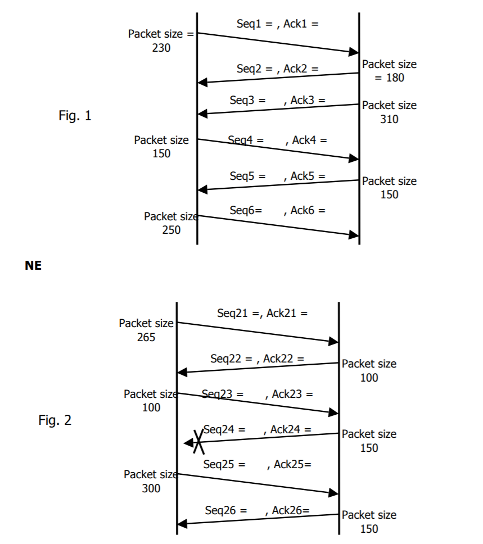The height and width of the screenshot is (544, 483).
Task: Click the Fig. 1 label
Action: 75,116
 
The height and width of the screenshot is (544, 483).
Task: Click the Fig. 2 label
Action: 55,420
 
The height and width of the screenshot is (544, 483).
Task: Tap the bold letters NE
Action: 33,266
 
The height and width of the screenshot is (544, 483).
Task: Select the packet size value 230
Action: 161,48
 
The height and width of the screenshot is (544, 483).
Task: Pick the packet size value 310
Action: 389,119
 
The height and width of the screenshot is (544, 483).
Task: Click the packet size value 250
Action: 171,230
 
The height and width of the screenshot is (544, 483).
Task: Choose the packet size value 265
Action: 146,337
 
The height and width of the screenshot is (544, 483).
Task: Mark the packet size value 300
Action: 151,488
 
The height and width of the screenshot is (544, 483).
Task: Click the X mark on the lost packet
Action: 198,442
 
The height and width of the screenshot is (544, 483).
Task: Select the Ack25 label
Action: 292,464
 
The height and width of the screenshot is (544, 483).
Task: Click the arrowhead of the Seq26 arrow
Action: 182,524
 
